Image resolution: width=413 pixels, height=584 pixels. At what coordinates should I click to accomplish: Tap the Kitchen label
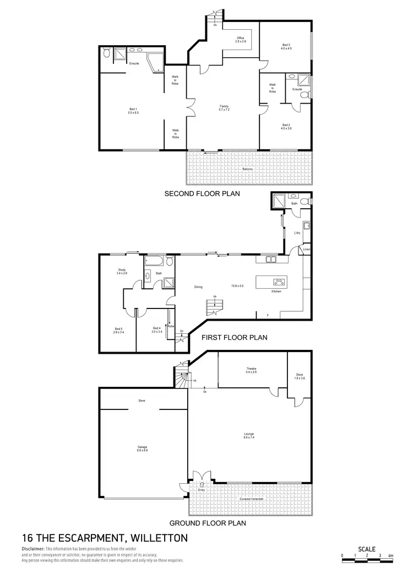click(x=276, y=291)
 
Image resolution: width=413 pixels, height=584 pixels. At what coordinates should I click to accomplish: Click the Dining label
click(x=198, y=286)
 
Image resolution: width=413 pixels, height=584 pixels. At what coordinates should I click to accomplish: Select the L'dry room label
click(x=297, y=233)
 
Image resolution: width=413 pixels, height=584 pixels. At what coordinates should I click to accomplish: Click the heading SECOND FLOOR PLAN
click(x=202, y=194)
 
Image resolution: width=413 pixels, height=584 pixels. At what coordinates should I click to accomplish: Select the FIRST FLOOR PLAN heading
click(x=235, y=338)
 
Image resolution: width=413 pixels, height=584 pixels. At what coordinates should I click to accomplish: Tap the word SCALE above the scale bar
click(x=367, y=549)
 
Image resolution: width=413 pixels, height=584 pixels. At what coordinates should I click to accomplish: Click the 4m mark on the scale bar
click(x=390, y=555)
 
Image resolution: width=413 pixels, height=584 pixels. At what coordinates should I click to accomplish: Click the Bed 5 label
click(x=117, y=330)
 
